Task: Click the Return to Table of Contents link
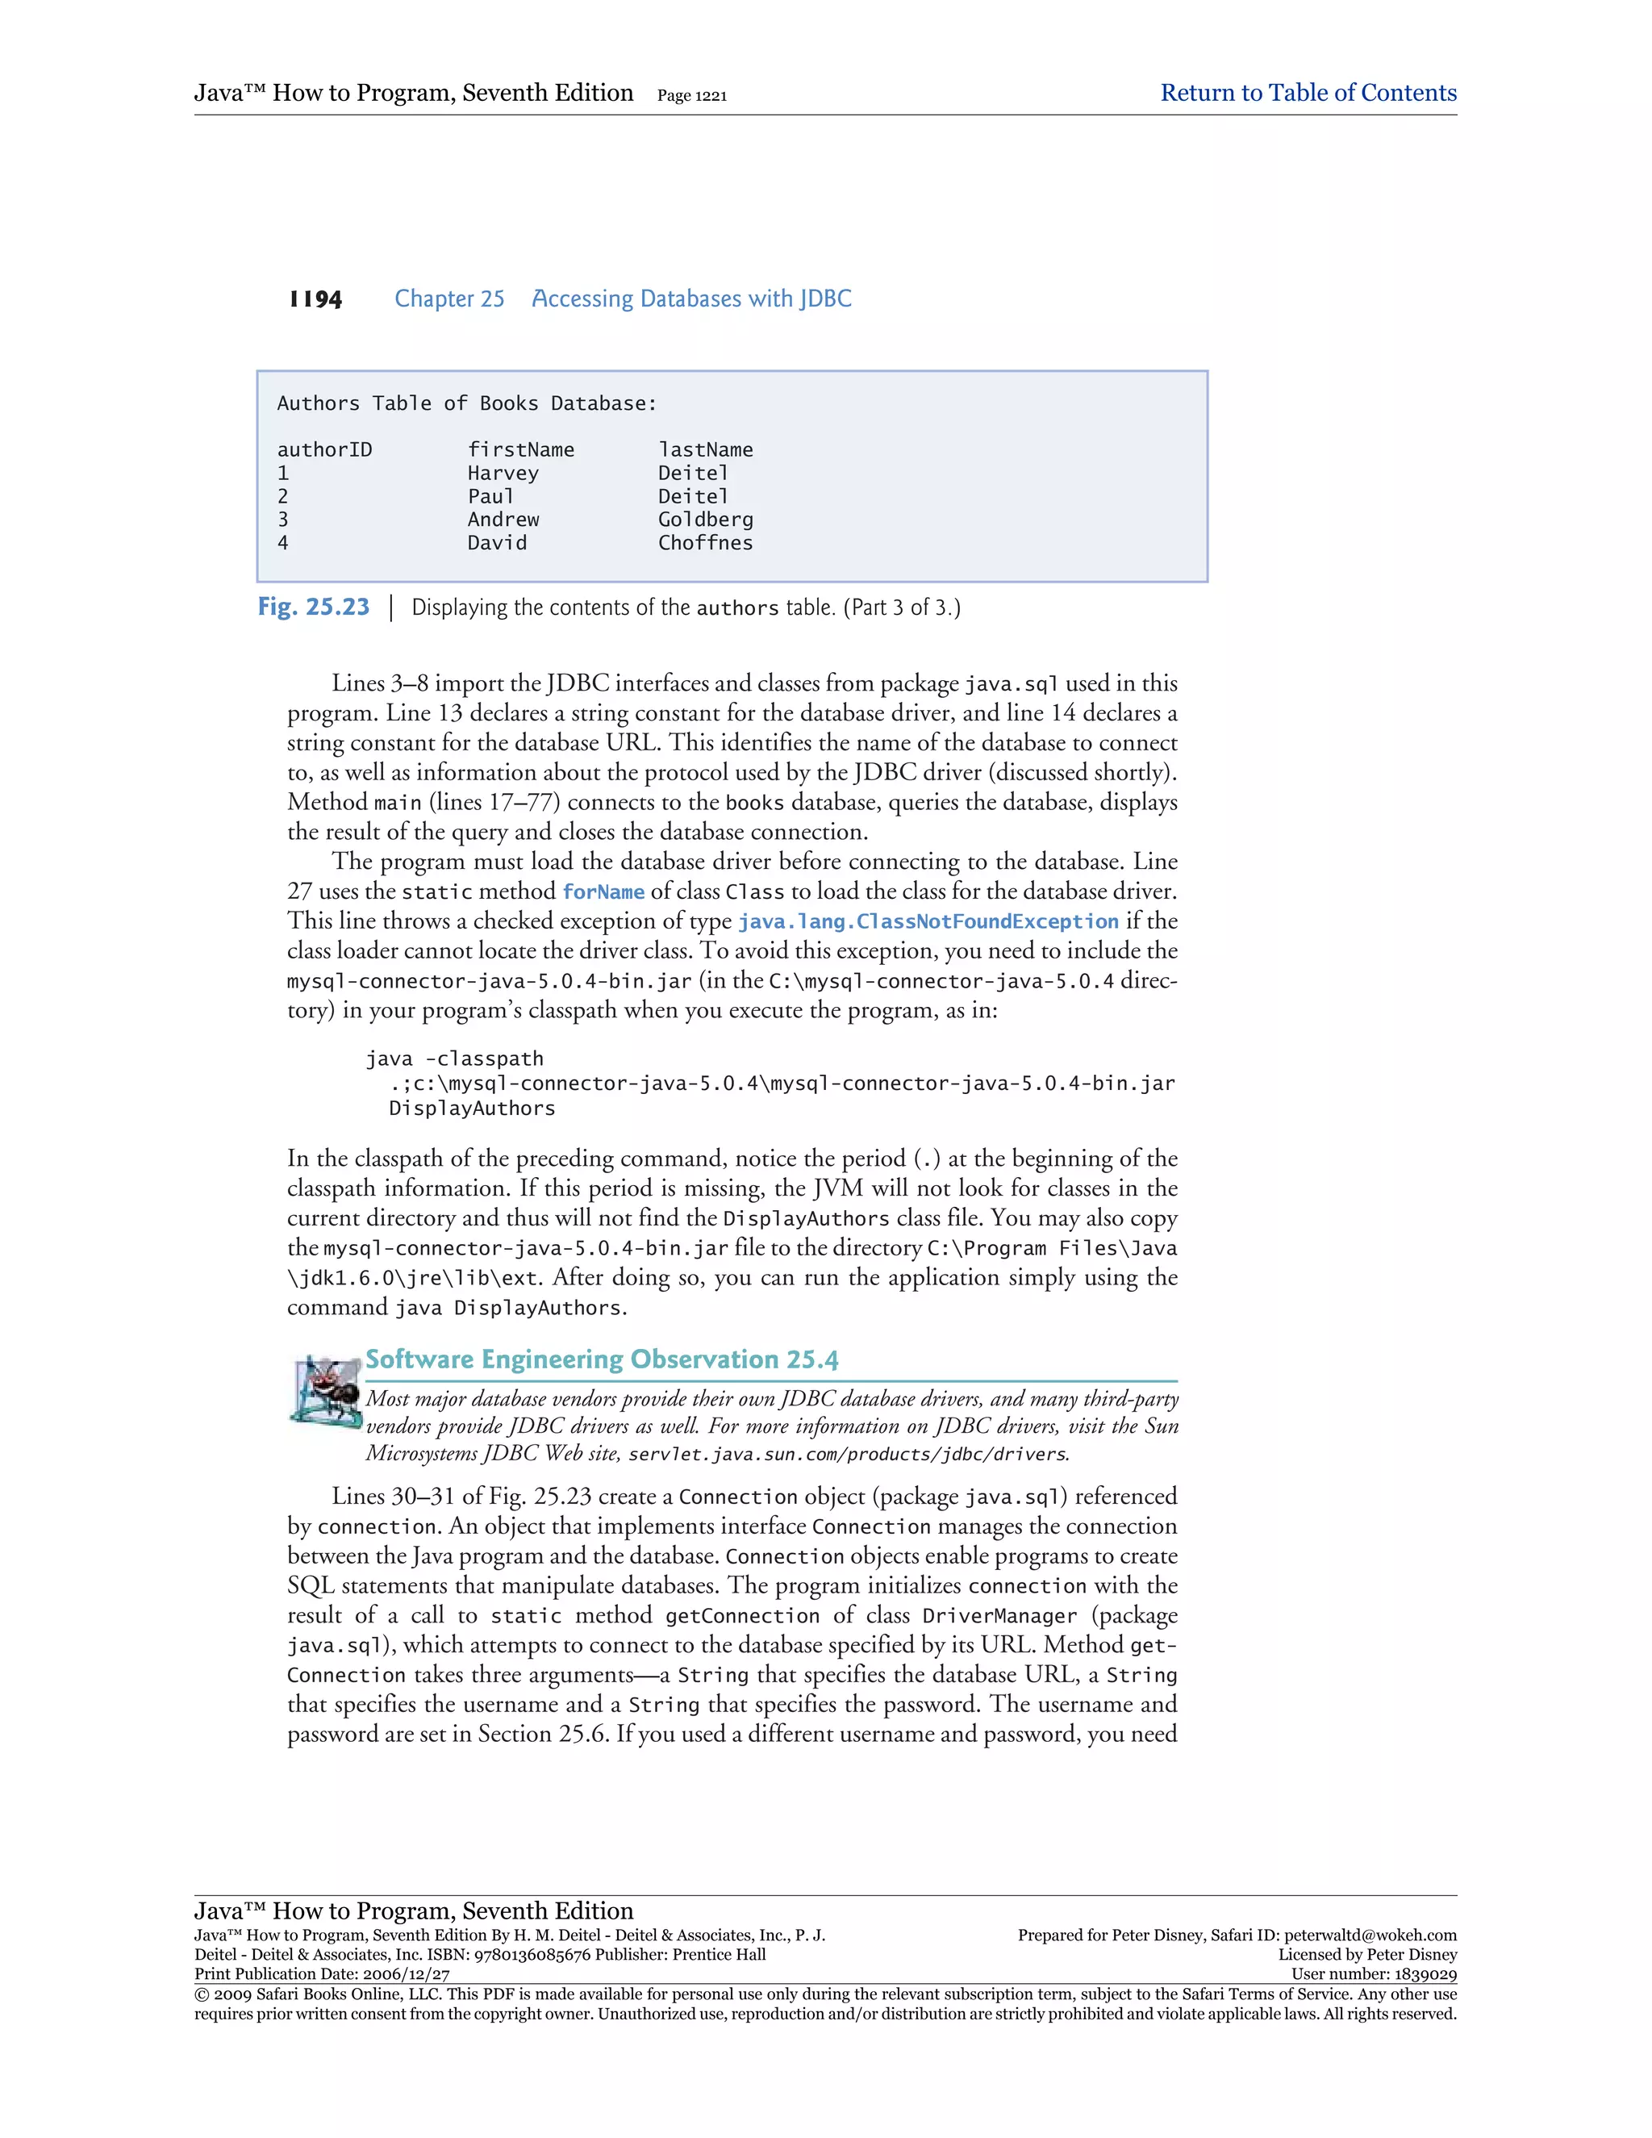tap(1308, 93)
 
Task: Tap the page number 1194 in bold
tap(315, 299)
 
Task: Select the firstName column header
tap(520, 450)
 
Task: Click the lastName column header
tap(705, 450)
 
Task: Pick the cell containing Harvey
tap(503, 474)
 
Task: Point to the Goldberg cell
tap(705, 520)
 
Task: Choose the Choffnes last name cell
tap(705, 543)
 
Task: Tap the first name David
tap(497, 543)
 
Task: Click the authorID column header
tap(324, 450)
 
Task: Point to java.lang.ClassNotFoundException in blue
tap(927, 922)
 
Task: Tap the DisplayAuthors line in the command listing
tap(472, 1109)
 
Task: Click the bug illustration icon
tap(325, 1389)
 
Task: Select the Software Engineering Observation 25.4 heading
tap(601, 1359)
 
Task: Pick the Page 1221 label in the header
tap(691, 96)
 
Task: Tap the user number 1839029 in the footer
tap(1423, 1974)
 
